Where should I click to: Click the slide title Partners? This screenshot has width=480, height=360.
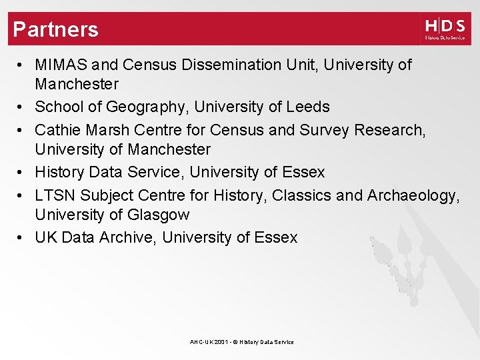coord(55,29)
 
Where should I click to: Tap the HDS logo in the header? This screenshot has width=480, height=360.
coord(445,29)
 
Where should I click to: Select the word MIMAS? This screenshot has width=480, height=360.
coord(61,65)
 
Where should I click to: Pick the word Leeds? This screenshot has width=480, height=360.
coord(307,107)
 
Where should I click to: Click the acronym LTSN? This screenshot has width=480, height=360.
coord(56,195)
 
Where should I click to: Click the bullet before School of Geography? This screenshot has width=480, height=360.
coord(22,107)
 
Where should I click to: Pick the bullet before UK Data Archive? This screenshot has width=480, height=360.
coord(22,237)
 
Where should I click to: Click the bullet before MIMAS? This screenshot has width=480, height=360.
coord(22,65)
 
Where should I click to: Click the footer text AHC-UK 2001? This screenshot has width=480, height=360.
coord(208,342)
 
